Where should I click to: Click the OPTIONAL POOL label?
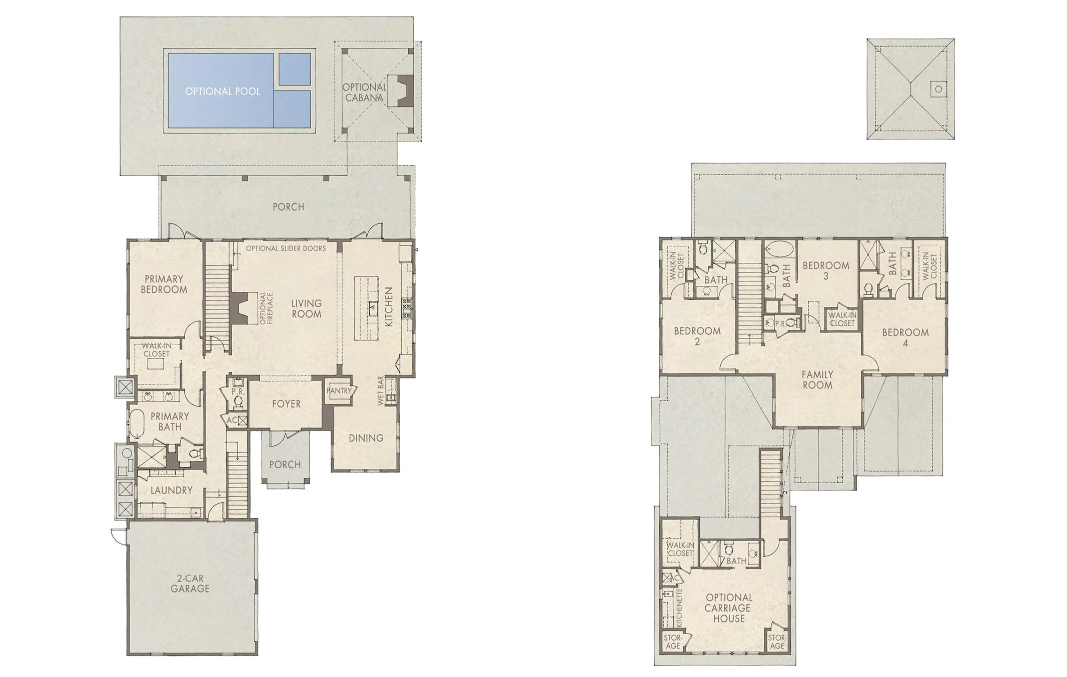coord(222,91)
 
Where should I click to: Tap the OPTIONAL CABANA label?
coord(364,92)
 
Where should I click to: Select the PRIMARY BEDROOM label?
coord(164,284)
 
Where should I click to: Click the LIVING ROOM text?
coord(306,308)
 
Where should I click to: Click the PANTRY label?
coord(340,391)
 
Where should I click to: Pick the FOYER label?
coord(286,403)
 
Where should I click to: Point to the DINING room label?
coord(366,438)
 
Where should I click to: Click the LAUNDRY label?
coord(171,490)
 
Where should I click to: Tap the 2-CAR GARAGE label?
coord(190,583)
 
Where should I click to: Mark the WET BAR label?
coord(381,390)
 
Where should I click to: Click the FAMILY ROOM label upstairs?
coord(817,379)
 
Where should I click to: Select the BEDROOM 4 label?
coord(905,337)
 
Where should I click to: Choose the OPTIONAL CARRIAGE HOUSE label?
coord(728,608)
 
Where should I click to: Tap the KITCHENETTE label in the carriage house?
coord(679,607)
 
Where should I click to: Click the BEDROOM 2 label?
coord(697,336)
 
